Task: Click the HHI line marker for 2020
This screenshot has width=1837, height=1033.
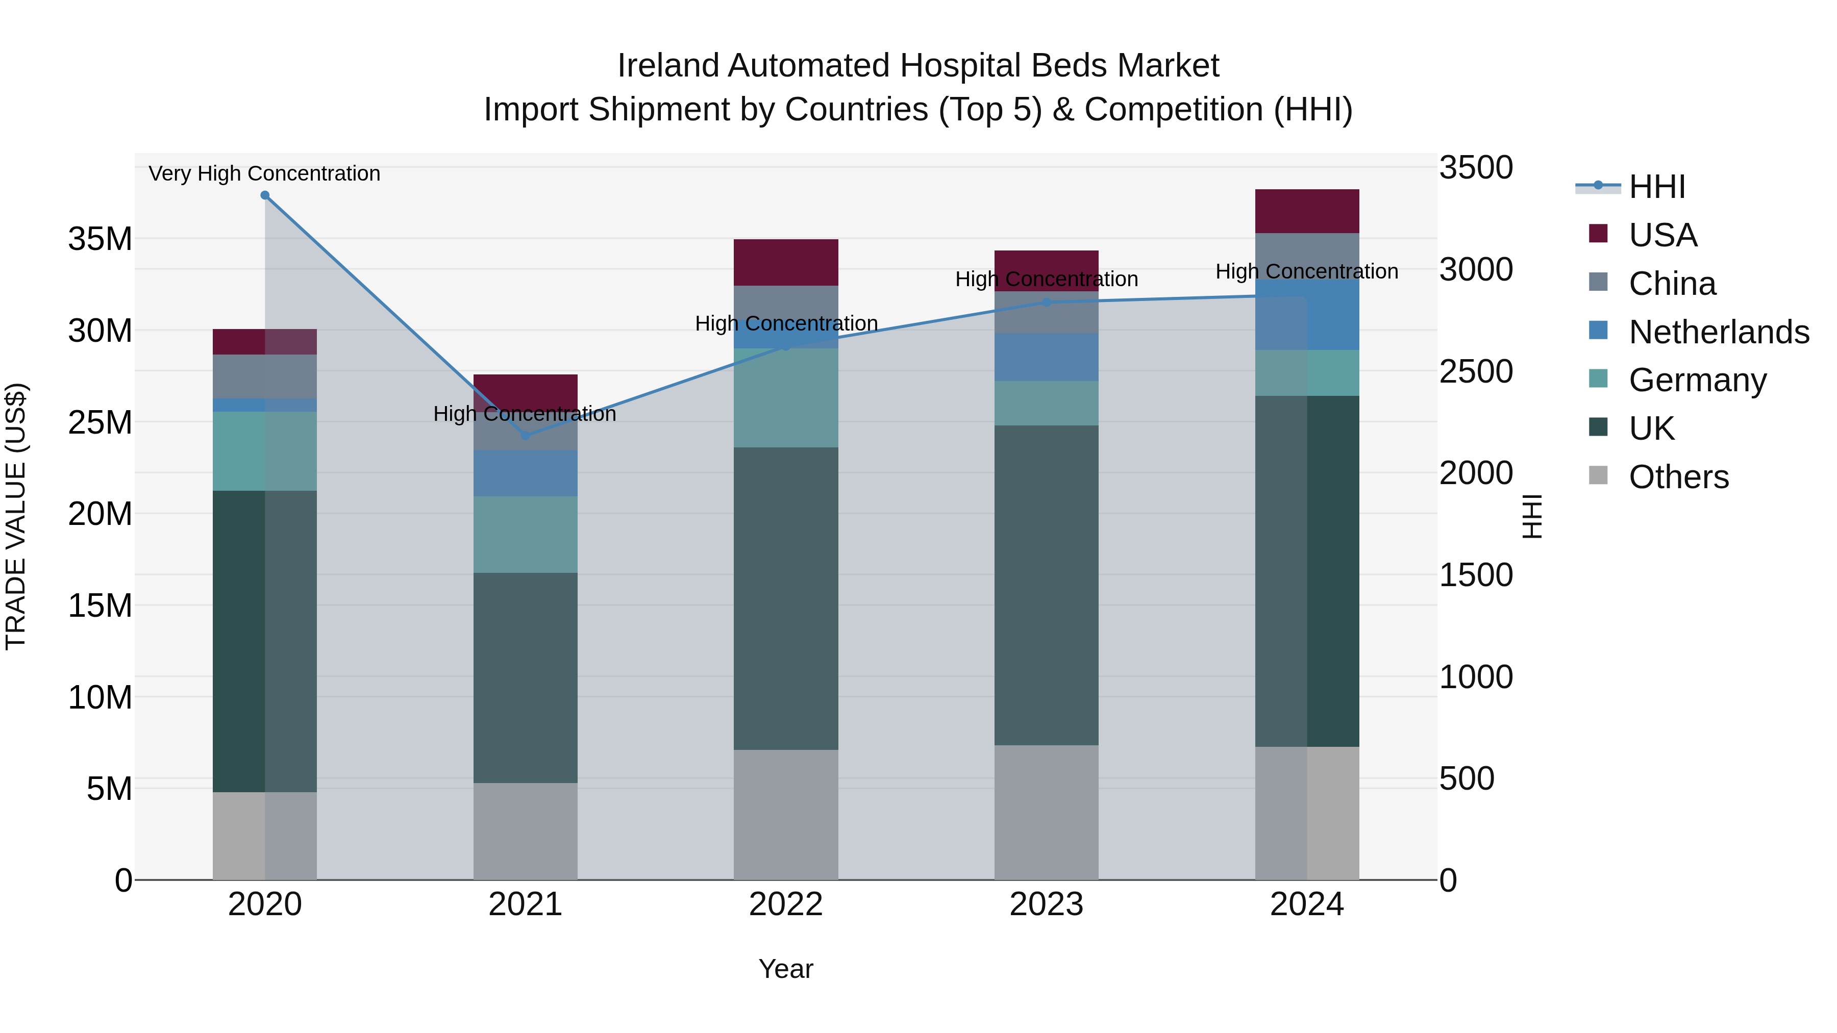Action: point(264,195)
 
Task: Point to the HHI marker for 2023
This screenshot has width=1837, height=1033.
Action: point(1046,303)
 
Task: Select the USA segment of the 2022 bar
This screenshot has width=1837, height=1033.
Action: point(786,262)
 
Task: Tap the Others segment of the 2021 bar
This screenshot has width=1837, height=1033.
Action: point(526,832)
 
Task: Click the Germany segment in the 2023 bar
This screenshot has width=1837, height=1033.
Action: point(1046,404)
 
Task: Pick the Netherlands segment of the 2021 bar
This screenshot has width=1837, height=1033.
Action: point(526,473)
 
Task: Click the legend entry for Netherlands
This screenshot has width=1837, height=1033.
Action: point(1719,332)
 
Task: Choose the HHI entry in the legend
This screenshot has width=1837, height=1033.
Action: point(1656,187)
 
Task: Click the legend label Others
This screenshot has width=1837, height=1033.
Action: point(1679,477)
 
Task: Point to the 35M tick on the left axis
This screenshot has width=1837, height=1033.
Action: point(100,239)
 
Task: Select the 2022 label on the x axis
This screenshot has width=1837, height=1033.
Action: point(786,904)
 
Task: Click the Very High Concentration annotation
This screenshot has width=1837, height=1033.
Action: point(264,173)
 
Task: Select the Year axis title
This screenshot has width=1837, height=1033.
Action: point(786,969)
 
